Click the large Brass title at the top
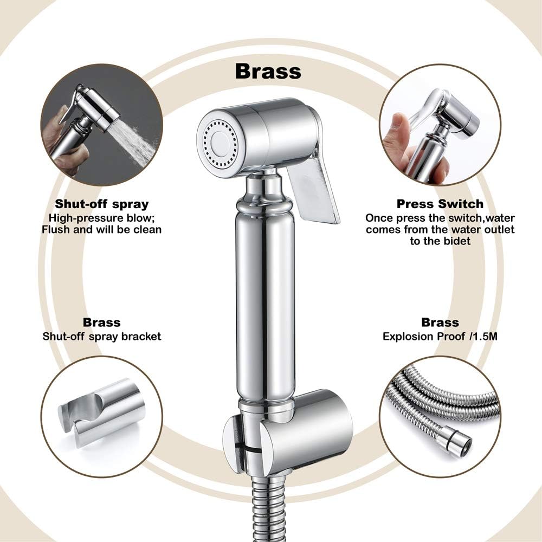tap(268, 70)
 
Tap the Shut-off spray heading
tap(102, 204)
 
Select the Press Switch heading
tap(440, 204)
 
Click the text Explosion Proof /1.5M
tap(440, 336)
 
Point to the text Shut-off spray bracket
tap(102, 336)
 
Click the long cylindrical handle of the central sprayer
tap(264, 304)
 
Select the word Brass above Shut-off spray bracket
tap(102, 322)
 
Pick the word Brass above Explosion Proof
tap(440, 322)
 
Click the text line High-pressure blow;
tap(102, 218)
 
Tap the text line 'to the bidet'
tap(440, 241)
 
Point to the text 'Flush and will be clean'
tap(102, 229)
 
